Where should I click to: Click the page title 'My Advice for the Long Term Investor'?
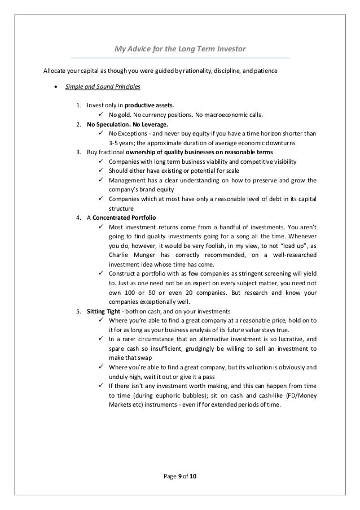pyautogui.click(x=180, y=49)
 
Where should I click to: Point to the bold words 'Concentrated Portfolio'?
pyautogui.click(x=125, y=217)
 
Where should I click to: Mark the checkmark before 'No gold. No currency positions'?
pyautogui.click(x=100, y=115)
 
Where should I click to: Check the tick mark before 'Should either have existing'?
pyautogui.click(x=100, y=171)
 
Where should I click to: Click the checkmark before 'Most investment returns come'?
pyautogui.click(x=100, y=226)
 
